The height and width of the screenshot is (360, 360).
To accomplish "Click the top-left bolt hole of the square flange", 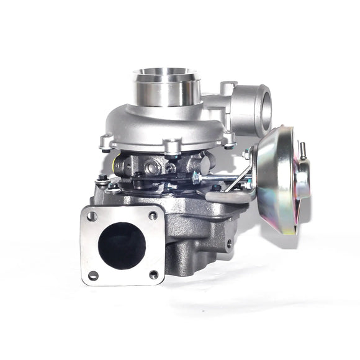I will [92, 216].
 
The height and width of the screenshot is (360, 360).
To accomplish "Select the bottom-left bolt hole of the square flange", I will [93, 274].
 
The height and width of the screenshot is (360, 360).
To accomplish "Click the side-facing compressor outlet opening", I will [260, 107].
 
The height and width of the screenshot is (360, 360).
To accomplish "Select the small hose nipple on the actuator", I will [304, 150].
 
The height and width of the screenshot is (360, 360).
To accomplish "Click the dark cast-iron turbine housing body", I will [192, 236].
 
